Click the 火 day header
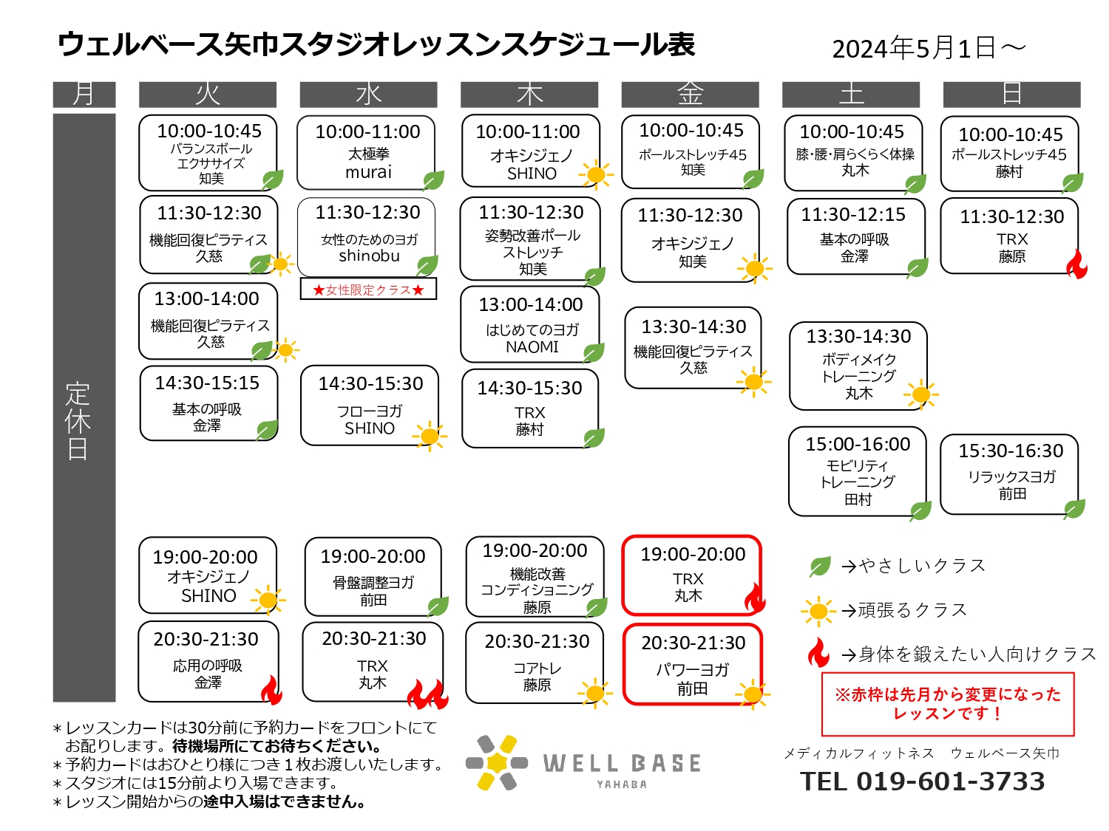[x=207, y=95]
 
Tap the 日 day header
[x=1011, y=95]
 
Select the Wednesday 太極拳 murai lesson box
[x=366, y=152]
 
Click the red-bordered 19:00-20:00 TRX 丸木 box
[x=692, y=575]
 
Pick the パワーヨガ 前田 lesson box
[x=692, y=665]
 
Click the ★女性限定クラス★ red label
[x=368, y=290]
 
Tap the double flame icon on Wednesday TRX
[x=428, y=694]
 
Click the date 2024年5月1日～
[x=929, y=49]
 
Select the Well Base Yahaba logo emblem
[x=497, y=762]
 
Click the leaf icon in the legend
[x=819, y=566]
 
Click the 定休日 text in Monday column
[x=78, y=421]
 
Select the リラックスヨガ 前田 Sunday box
[x=1009, y=474]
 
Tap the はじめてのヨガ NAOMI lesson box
[x=530, y=324]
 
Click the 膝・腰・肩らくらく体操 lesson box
[x=853, y=154]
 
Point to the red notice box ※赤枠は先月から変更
[x=947, y=704]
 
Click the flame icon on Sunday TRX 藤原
[x=1076, y=264]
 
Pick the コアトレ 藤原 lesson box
[x=535, y=663]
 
